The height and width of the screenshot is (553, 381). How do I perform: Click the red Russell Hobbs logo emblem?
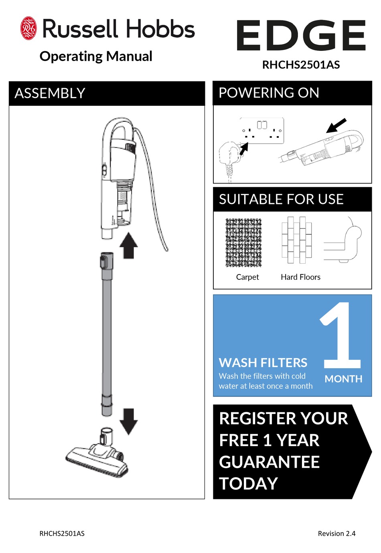28,28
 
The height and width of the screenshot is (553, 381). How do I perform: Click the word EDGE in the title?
301,36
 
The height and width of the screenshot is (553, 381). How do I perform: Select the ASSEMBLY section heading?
50,93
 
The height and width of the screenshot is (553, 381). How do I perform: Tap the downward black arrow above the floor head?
129,421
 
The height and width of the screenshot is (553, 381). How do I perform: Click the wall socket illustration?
262,130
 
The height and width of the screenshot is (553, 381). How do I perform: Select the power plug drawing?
230,156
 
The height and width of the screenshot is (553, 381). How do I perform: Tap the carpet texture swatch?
243,243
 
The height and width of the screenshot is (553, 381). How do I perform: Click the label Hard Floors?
300,277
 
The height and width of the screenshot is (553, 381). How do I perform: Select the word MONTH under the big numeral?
343,379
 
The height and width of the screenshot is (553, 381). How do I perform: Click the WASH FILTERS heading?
263,363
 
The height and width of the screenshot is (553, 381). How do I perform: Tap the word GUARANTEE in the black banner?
269,462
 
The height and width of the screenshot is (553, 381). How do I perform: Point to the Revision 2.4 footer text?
336,533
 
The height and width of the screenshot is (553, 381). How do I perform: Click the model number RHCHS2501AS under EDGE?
301,65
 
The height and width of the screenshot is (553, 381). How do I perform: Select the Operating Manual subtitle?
96,56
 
